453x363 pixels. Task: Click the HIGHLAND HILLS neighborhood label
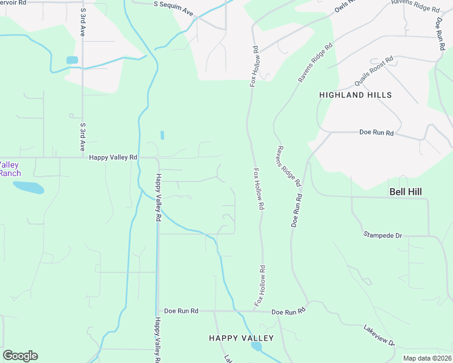tap(355, 95)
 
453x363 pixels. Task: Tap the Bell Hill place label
tap(405, 192)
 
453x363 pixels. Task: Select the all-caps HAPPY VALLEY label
tap(241, 338)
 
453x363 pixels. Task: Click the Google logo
tap(20, 356)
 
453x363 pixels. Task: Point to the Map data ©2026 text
tap(426, 358)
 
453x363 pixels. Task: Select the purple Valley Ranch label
tap(10, 169)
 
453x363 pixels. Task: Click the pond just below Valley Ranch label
tap(28, 188)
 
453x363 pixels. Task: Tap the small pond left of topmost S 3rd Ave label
tap(72, 60)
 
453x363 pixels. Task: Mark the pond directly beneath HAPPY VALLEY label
tap(256, 347)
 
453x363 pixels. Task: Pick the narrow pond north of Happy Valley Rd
tap(162, 135)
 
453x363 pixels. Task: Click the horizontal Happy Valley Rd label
tap(113, 157)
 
